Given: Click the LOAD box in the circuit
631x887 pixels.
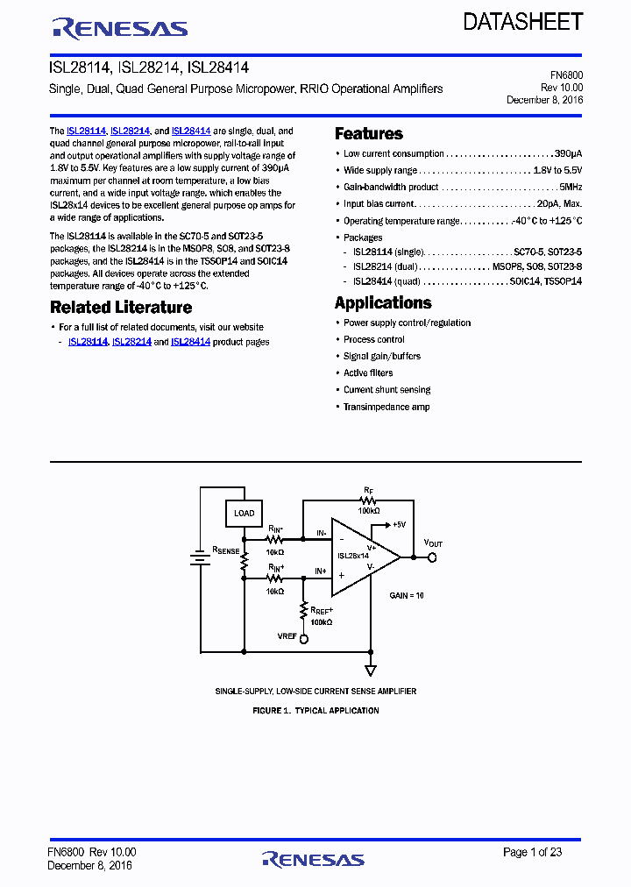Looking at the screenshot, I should pyautogui.click(x=245, y=513).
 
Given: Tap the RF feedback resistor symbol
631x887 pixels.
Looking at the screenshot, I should pyautogui.click(x=368, y=500).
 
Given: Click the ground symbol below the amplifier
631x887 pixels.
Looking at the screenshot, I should pyautogui.click(x=371, y=670).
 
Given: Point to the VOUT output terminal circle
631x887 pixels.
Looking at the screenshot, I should pyautogui.click(x=431, y=557).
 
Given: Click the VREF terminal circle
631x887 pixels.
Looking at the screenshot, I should pyautogui.click(x=304, y=639).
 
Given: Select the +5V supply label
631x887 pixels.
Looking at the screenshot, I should pyautogui.click(x=396, y=524).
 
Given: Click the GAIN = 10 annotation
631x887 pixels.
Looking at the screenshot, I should pyautogui.click(x=407, y=595).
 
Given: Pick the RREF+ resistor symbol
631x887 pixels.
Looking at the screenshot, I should pyautogui.click(x=304, y=609).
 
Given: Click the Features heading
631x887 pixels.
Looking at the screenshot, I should pyautogui.click(x=369, y=134).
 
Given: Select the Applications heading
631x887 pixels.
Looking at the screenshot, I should pyautogui.click(x=383, y=303).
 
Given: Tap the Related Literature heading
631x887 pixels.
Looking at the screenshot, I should pyautogui.click(x=121, y=308).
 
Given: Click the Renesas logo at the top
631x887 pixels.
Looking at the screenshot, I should pyautogui.click(x=120, y=29).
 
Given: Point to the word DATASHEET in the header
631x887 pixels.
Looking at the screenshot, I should pyautogui.click(x=523, y=22).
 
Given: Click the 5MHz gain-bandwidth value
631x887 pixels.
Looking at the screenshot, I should pyautogui.click(x=570, y=187).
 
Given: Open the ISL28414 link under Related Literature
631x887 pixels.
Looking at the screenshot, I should pyautogui.click(x=190, y=342).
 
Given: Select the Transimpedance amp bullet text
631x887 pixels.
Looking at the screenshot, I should pyautogui.click(x=386, y=407).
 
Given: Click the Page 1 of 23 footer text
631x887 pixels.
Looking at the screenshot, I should pyautogui.click(x=532, y=852).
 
